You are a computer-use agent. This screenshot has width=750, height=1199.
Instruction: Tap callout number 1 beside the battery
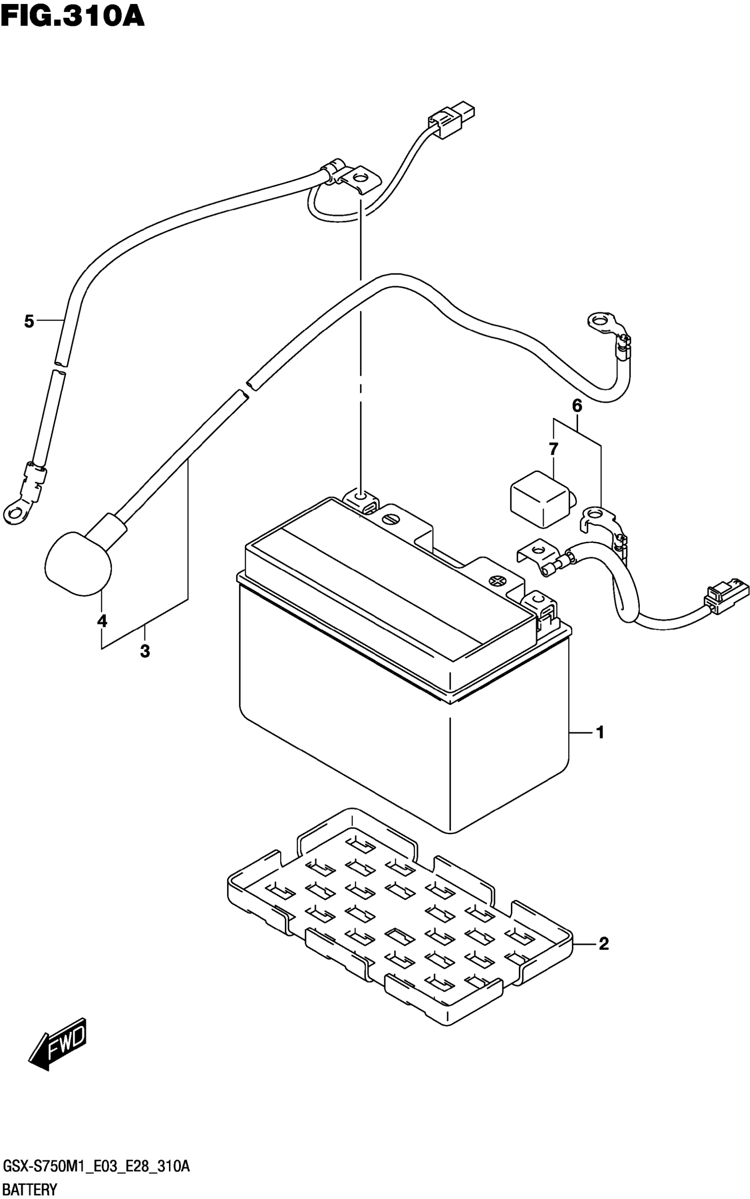pyautogui.click(x=600, y=732)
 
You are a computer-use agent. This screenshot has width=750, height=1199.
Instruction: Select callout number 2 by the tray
pyautogui.click(x=603, y=944)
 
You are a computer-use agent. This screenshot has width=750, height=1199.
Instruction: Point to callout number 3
pyautogui.click(x=145, y=651)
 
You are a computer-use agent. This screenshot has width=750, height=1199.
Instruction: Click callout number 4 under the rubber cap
pyautogui.click(x=101, y=621)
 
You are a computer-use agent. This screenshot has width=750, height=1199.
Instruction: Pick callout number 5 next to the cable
pyautogui.click(x=29, y=322)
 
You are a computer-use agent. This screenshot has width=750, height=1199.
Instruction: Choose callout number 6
pyautogui.click(x=577, y=405)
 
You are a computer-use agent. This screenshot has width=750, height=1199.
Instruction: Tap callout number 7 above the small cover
pyautogui.click(x=554, y=449)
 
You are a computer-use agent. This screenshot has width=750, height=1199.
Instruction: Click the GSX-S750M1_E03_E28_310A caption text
pyautogui.click(x=96, y=1168)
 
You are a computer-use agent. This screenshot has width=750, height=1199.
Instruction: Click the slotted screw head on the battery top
pyautogui.click(x=390, y=519)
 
